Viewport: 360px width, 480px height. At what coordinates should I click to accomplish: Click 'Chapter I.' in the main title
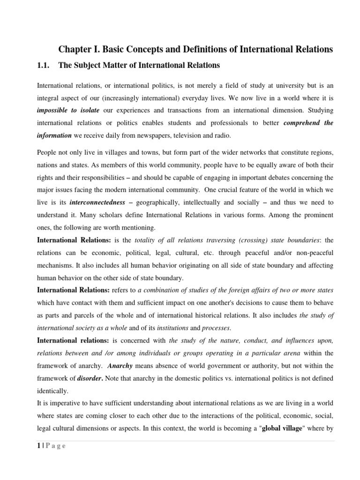click(x=74, y=50)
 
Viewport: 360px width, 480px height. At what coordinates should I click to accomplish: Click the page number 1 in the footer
click(x=38, y=446)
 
